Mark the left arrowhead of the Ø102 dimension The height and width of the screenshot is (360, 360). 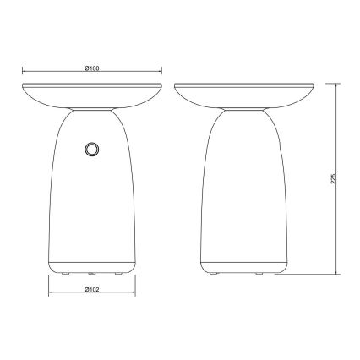click(48, 295)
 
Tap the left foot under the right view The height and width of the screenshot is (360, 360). click(213, 273)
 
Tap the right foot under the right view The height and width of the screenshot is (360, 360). click(281, 273)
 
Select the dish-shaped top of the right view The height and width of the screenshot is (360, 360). click(246, 94)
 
